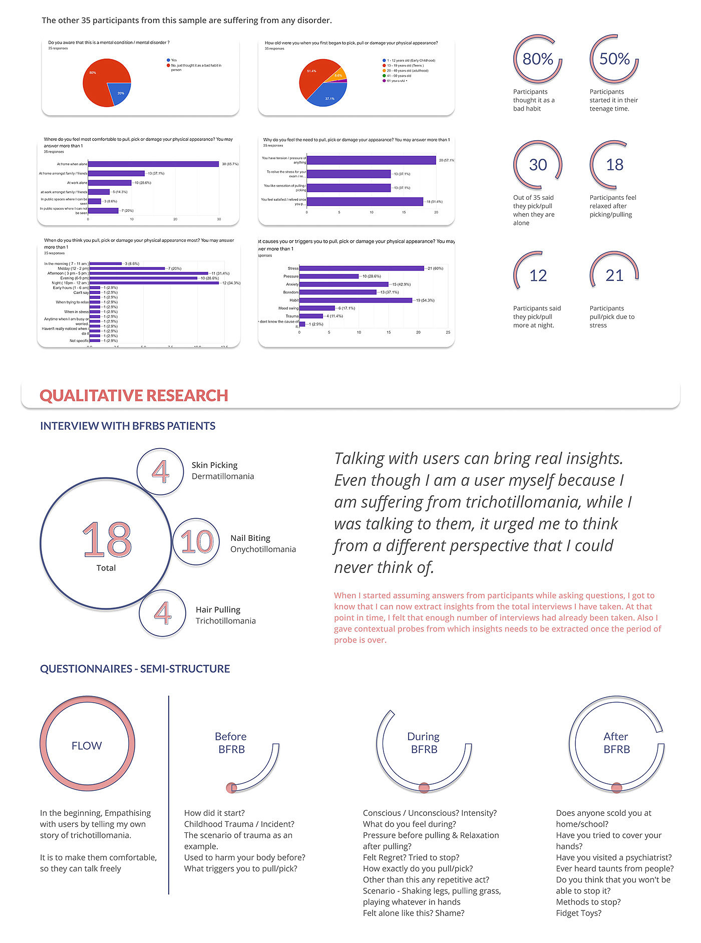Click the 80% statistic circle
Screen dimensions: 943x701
(x=538, y=59)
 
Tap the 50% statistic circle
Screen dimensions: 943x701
(x=614, y=59)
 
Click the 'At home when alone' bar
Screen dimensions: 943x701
(x=153, y=164)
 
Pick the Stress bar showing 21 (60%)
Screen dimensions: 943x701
(x=362, y=268)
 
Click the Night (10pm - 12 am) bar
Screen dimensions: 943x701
(x=154, y=283)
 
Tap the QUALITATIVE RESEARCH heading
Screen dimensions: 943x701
(x=134, y=396)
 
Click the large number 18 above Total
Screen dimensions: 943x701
(x=107, y=539)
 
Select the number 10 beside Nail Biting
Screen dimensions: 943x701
(x=197, y=542)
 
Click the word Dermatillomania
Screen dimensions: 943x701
(x=223, y=476)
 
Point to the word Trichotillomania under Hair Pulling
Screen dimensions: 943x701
(x=225, y=621)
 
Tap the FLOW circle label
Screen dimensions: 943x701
(x=87, y=746)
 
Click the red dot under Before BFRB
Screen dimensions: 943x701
(x=231, y=788)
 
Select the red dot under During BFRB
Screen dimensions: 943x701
(x=424, y=788)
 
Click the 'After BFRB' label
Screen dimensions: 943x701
(x=616, y=743)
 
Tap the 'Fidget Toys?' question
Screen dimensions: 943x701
(x=578, y=913)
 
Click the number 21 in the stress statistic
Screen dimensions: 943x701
(x=614, y=275)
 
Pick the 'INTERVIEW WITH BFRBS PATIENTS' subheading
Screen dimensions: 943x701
(x=128, y=426)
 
